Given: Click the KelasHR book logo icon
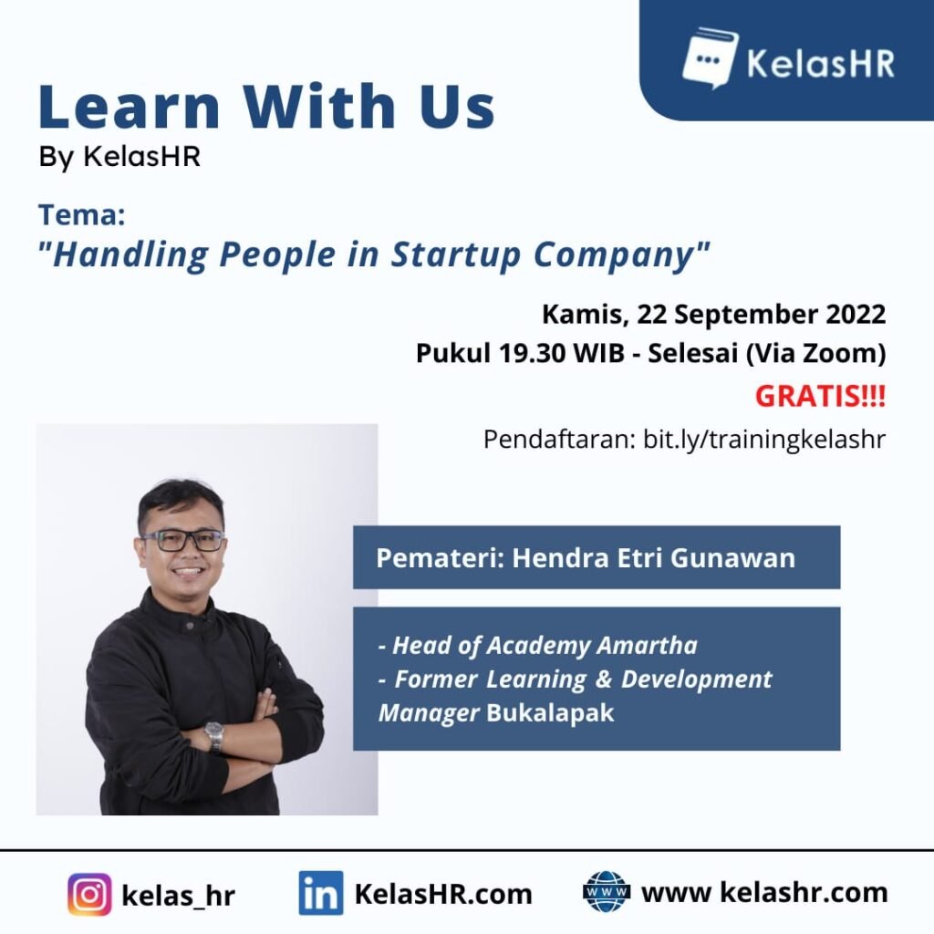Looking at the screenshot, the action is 710,57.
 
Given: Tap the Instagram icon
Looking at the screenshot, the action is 89,894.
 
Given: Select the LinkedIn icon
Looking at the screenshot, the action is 320,893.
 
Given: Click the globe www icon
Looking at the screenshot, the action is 607,892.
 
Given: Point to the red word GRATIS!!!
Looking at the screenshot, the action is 820,396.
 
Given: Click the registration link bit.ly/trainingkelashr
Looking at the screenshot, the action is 764,440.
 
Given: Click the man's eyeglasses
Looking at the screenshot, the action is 182,540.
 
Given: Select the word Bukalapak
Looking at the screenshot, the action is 550,712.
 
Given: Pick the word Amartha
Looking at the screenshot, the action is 647,645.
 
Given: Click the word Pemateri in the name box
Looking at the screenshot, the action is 441,558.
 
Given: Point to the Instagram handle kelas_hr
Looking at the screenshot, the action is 178,896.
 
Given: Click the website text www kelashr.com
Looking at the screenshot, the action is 764,892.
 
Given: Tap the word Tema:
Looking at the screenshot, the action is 81,214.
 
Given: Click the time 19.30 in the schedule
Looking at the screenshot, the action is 532,353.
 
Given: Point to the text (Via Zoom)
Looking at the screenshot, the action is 816,353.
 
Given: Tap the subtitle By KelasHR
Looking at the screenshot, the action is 119,157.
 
